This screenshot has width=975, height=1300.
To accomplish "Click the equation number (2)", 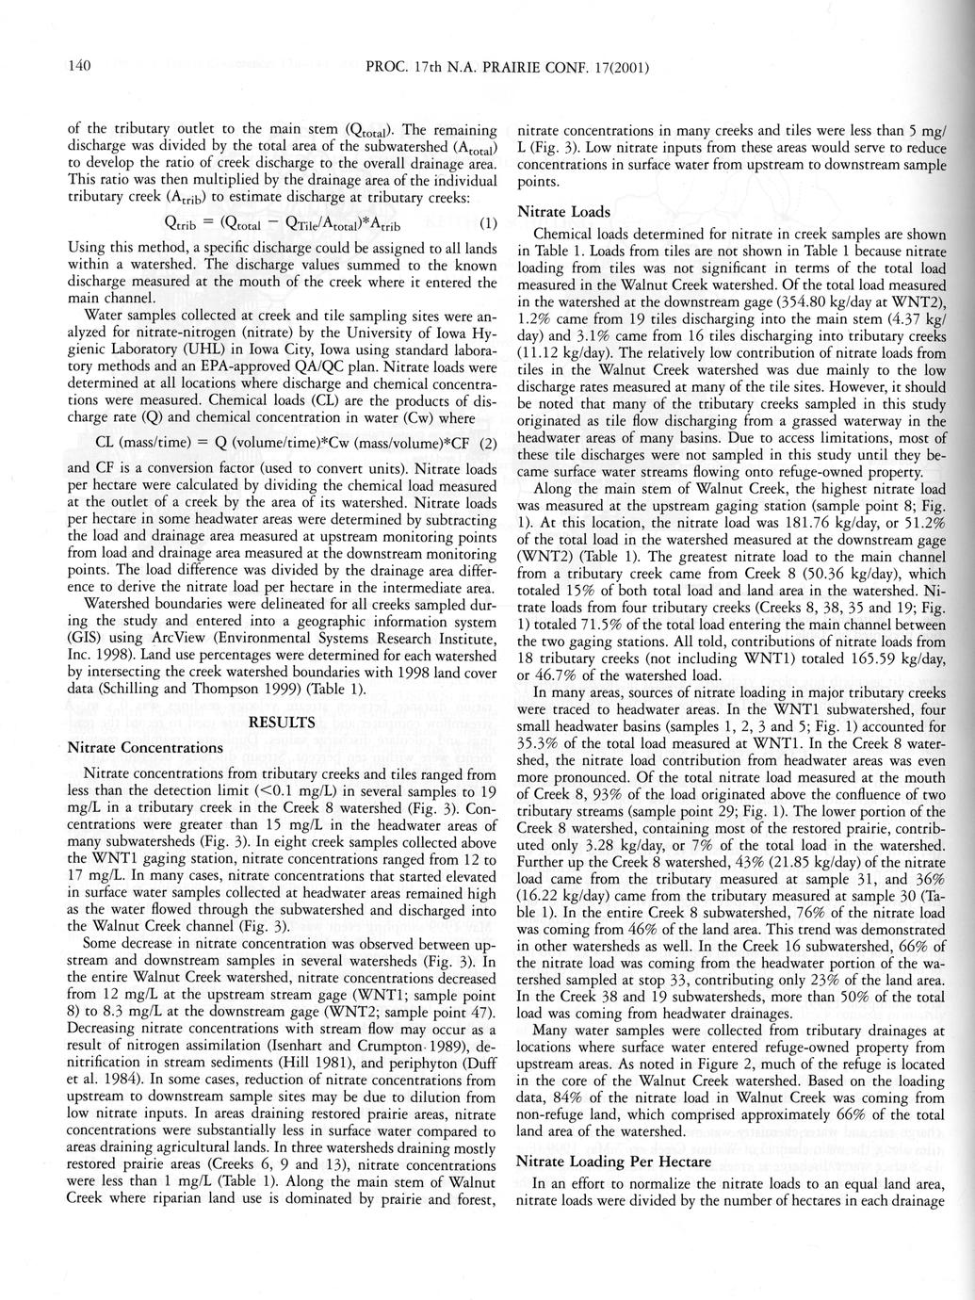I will point(488,443).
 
